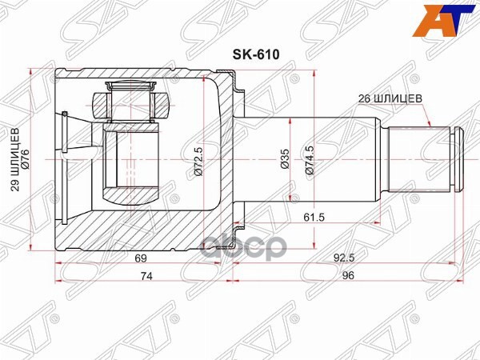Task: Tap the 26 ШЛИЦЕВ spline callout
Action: (x=386, y=100)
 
